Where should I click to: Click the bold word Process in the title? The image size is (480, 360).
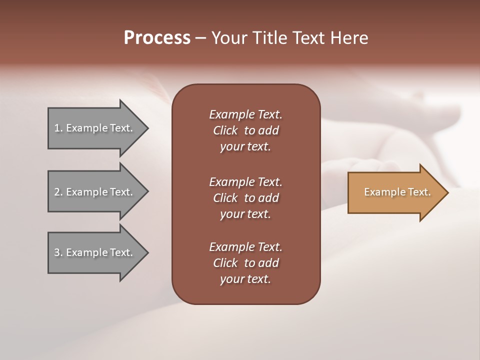point(157,38)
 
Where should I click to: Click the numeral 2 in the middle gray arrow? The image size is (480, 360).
point(57,192)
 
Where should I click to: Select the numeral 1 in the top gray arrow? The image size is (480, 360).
point(57,128)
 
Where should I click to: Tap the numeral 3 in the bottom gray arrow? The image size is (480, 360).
point(57,252)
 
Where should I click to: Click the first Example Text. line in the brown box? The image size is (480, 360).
point(245,114)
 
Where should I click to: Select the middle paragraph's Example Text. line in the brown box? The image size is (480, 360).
point(245,182)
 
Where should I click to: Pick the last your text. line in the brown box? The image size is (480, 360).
point(245,279)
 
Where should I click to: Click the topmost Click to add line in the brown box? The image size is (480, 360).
point(245,130)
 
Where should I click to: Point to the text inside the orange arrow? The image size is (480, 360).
point(397,192)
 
